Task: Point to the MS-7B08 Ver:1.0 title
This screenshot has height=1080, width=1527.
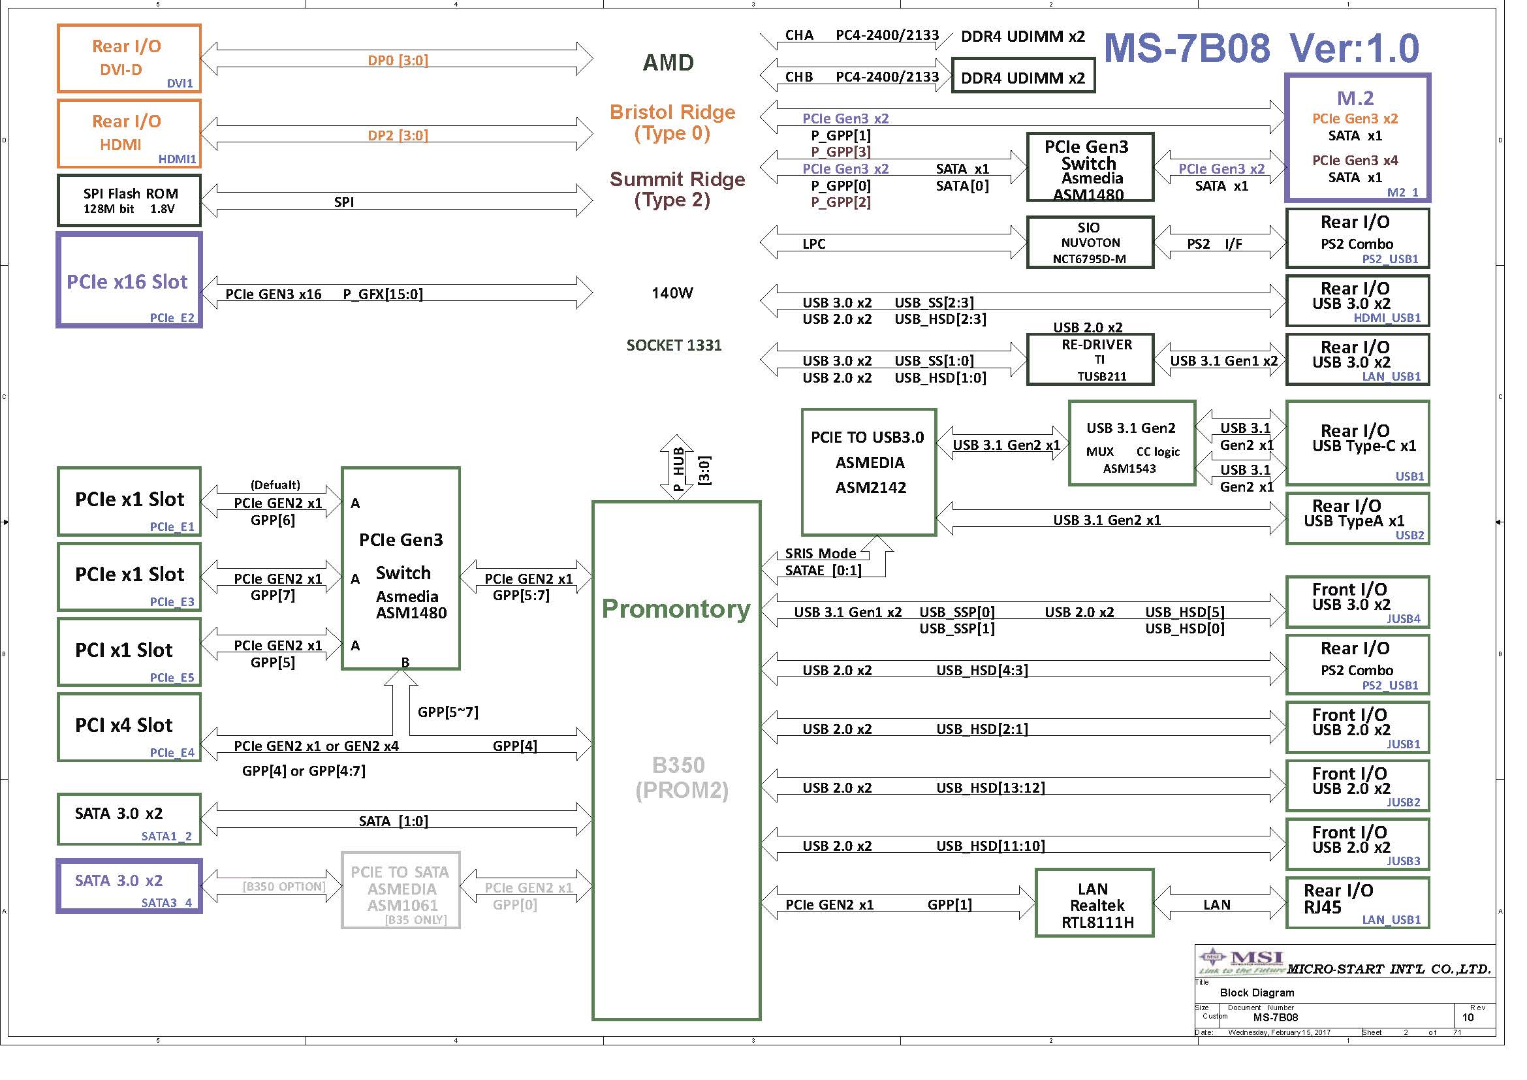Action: (x=1262, y=48)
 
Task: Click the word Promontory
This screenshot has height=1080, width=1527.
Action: (x=676, y=609)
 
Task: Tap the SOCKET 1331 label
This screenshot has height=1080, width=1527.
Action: (x=674, y=345)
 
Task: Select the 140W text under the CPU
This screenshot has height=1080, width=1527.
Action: (x=672, y=293)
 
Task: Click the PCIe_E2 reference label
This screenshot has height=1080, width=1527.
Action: (x=172, y=318)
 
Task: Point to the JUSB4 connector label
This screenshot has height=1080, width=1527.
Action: (x=1404, y=618)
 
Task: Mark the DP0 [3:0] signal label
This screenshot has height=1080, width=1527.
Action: (x=398, y=61)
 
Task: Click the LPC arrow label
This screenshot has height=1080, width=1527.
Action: (x=814, y=244)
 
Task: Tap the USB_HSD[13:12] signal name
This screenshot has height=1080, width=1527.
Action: (x=990, y=788)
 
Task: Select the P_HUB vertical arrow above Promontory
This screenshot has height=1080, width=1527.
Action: (x=676, y=468)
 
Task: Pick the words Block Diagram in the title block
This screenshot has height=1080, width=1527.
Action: (x=1257, y=993)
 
